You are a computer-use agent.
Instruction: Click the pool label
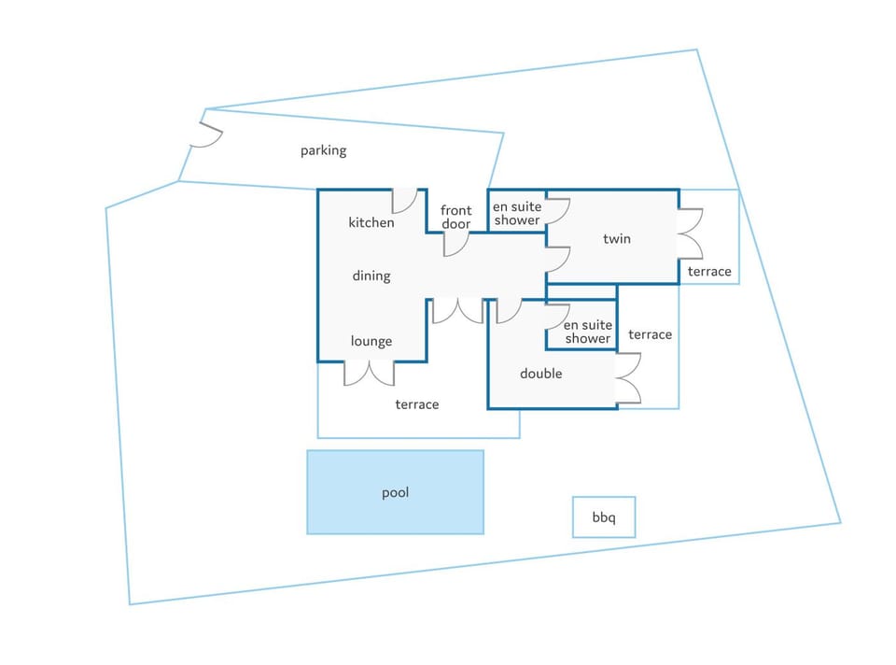click(x=395, y=493)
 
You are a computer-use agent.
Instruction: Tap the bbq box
click(x=604, y=516)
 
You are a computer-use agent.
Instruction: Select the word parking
click(x=324, y=150)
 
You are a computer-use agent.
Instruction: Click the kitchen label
click(x=371, y=222)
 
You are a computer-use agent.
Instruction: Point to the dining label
click(x=371, y=276)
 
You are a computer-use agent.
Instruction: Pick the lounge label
click(x=371, y=341)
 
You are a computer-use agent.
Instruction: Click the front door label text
click(x=456, y=218)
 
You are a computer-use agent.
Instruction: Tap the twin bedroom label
click(x=617, y=238)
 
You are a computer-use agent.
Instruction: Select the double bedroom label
click(x=541, y=374)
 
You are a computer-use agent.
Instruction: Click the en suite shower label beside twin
click(x=517, y=213)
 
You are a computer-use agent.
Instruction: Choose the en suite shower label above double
click(x=588, y=332)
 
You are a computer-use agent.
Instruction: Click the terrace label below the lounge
click(x=417, y=404)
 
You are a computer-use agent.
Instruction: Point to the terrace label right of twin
click(x=709, y=271)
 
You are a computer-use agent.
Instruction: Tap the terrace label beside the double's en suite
click(x=651, y=334)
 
